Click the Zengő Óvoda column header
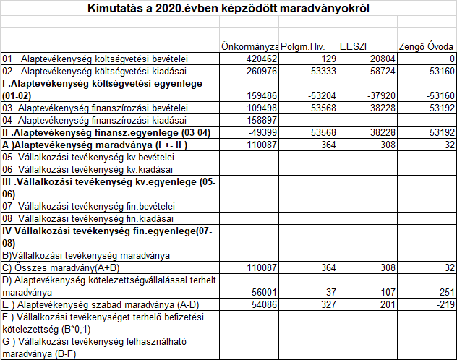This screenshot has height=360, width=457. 427,46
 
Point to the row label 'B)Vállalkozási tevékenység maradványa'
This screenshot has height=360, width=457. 86,254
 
